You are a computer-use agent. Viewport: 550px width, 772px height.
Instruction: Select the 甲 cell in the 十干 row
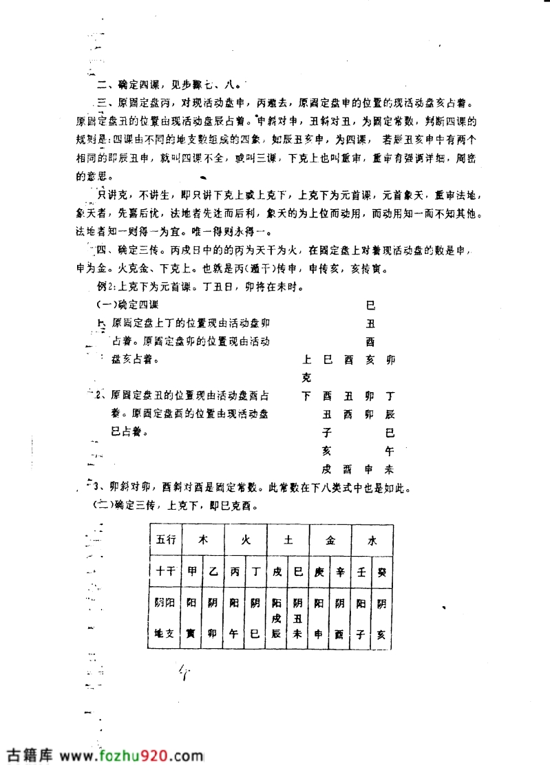(x=192, y=570)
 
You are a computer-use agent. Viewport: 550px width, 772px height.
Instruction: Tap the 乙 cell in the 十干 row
(x=213, y=570)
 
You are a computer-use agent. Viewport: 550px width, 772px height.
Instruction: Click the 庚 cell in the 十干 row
(x=319, y=570)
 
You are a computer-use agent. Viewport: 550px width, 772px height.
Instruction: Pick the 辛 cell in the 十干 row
(x=340, y=570)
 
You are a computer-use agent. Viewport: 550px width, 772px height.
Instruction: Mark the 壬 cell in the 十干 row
(x=361, y=570)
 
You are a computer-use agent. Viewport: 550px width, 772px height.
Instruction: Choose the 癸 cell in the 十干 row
(x=381, y=570)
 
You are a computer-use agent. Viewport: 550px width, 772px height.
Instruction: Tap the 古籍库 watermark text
(x=30, y=755)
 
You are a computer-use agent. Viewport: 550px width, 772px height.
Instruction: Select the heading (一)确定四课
(x=128, y=304)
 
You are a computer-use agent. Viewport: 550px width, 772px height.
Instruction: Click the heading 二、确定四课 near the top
(x=128, y=85)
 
